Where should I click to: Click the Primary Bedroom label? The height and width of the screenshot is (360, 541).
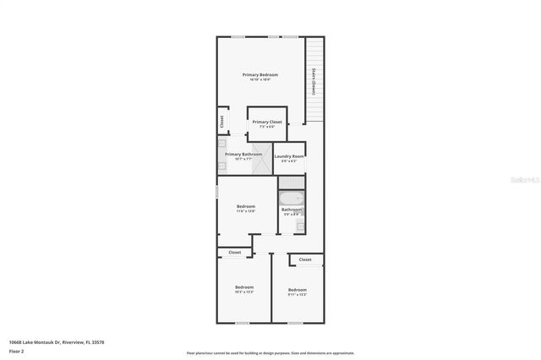tap(260, 75)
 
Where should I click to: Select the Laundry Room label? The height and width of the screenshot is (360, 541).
tap(289, 156)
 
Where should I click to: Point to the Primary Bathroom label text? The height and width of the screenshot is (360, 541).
tap(243, 155)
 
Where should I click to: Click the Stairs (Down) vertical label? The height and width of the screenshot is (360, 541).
tap(314, 81)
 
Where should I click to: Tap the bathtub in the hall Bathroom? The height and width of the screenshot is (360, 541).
tap(291, 199)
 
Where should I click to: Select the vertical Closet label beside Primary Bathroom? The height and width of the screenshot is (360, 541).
tap(221, 121)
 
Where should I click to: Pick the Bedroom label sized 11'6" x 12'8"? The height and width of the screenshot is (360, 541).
tap(246, 207)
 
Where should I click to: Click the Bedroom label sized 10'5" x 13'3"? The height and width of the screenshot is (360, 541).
tap(244, 288)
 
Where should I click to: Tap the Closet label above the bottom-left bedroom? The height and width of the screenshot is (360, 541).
tap(234, 252)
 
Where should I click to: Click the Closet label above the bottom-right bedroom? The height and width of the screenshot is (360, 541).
tap(305, 259)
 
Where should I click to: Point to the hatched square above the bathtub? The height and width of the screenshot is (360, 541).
tap(291, 181)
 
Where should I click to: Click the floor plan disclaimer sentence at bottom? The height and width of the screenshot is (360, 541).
tap(270, 352)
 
